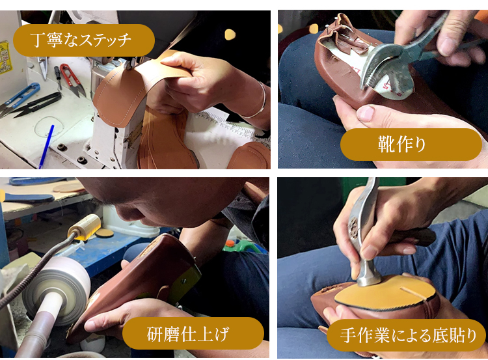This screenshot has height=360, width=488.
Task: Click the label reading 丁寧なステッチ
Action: point(84,40)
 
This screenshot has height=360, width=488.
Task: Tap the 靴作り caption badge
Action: point(411,145)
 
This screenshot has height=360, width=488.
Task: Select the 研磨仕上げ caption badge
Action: point(193,333)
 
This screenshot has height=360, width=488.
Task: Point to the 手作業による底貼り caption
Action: point(407,335)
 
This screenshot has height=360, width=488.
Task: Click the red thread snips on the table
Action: point(72,79)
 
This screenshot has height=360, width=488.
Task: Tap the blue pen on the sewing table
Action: point(46,146)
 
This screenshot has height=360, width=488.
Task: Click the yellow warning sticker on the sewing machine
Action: point(4,57)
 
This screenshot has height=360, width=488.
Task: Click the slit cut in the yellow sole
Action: point(413,294)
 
